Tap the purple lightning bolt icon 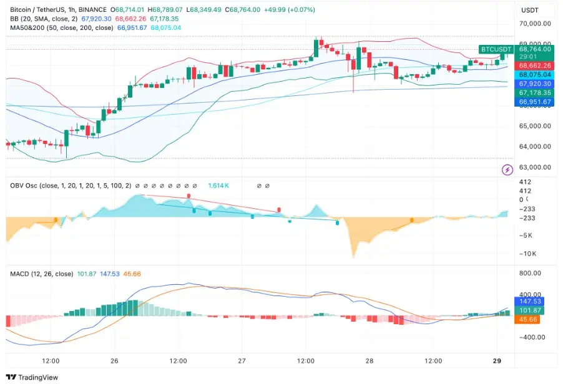click(x=507, y=170)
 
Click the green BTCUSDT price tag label click(x=496, y=49)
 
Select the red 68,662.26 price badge click(x=535, y=65)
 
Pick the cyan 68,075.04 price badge click(x=535, y=75)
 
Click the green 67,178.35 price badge click(x=535, y=92)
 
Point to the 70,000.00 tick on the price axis click(x=535, y=24)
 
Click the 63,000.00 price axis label click(x=535, y=167)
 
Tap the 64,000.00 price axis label click(x=535, y=146)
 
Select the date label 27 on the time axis click(x=242, y=361)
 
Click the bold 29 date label click(x=497, y=361)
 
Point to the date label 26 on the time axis click(x=114, y=361)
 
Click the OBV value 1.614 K click(x=218, y=186)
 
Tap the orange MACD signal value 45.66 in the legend click(x=132, y=274)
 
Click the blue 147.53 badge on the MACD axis click(x=529, y=301)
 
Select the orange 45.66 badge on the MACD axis click(x=527, y=319)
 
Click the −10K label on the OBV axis click(x=528, y=254)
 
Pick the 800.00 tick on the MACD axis click(x=530, y=273)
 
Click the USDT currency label click(x=530, y=10)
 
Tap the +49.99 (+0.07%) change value click(x=290, y=10)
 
